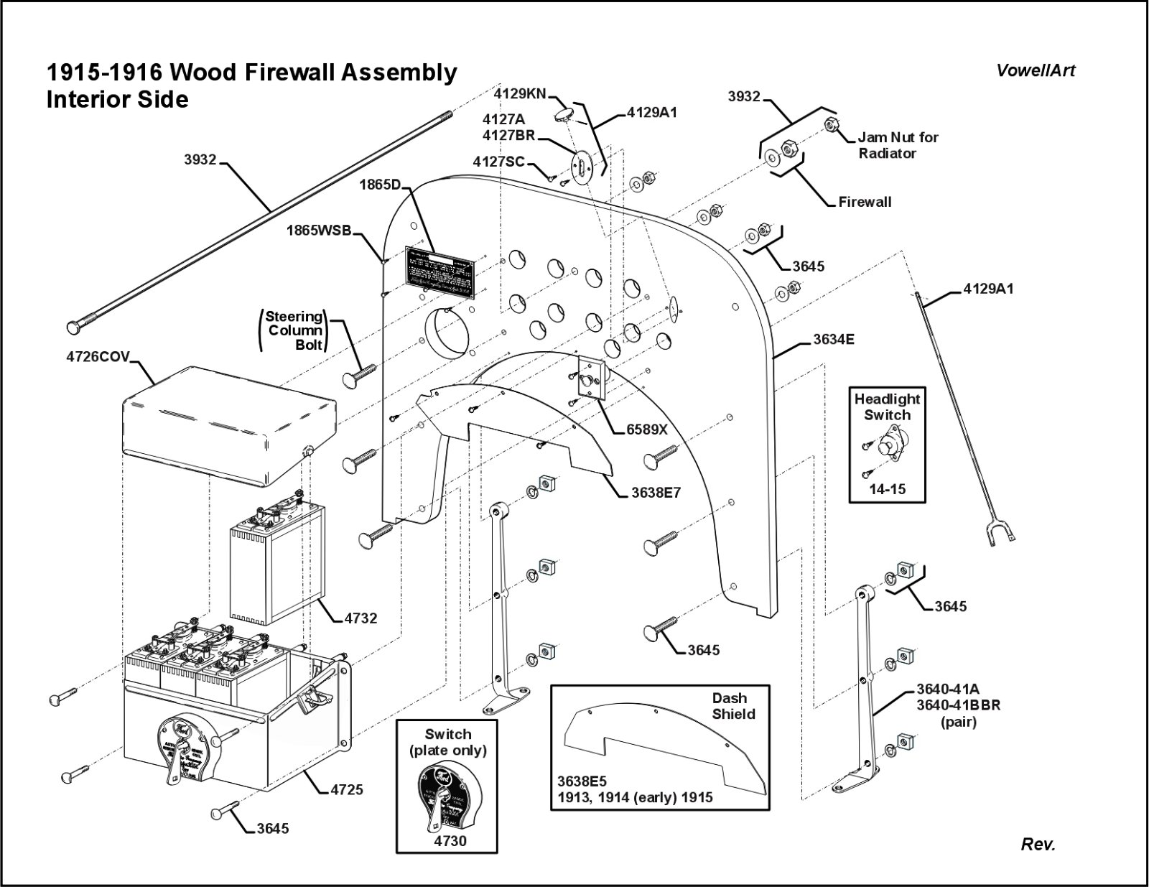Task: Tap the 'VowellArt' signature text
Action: tap(1036, 70)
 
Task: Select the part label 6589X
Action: tap(646, 429)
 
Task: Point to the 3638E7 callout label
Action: tap(656, 493)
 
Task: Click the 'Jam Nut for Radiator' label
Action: tap(898, 145)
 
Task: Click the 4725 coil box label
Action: tap(347, 789)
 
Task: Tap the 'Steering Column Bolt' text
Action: tap(294, 330)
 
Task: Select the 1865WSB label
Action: tap(319, 231)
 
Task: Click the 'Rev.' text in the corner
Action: tap(1038, 845)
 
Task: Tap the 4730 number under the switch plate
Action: tap(450, 840)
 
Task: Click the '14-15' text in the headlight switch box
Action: tap(887, 489)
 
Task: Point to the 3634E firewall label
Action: tap(833, 339)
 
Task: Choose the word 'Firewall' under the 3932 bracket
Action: tap(865, 202)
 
